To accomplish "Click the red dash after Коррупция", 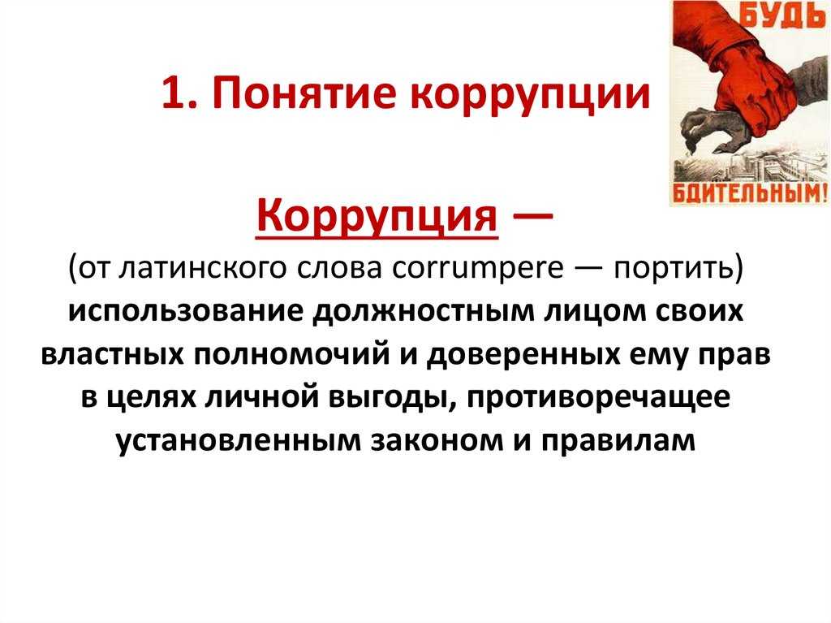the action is [x=533, y=216].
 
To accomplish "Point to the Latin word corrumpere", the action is [x=477, y=269].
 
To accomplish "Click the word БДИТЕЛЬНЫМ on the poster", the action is [x=749, y=193].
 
